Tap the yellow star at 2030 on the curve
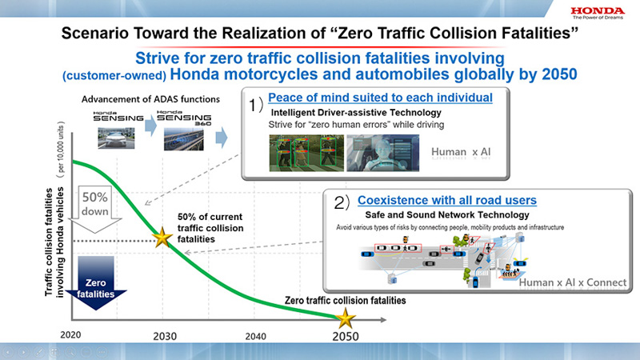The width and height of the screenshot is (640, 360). [163, 238]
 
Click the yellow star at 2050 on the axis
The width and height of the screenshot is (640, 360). [346, 318]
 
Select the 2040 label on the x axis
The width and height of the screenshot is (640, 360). [255, 336]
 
